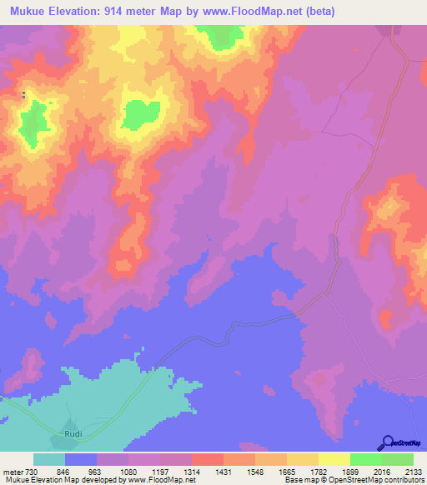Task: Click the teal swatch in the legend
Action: [x=49, y=459]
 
